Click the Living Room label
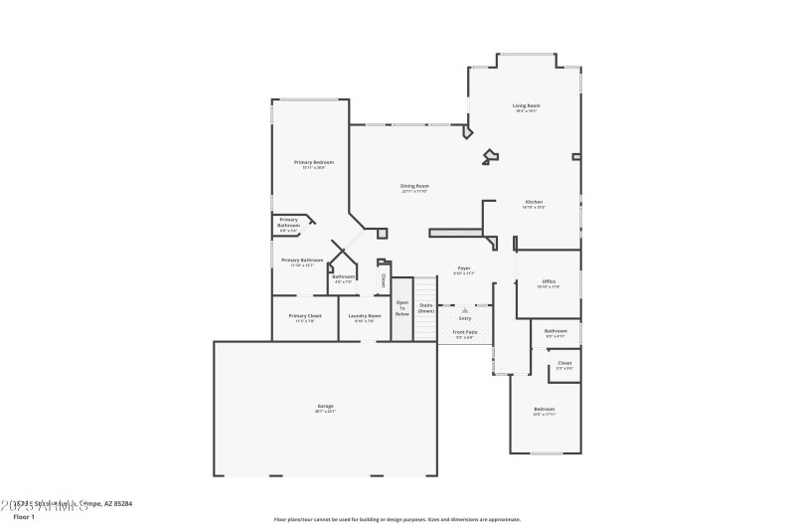coord(527,105)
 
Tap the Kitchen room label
coord(534,202)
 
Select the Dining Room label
coord(414,186)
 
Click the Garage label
coord(325,406)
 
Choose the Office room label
coord(549,281)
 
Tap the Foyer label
coord(463,268)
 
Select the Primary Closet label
coord(303,315)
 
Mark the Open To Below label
coord(402,307)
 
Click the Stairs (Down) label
coord(425,308)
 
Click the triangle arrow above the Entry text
coord(464,310)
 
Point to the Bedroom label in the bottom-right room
coord(544,409)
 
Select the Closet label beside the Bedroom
coord(563,363)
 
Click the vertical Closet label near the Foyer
coord(384,279)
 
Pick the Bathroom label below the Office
coord(556,331)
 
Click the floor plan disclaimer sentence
coord(397,519)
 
